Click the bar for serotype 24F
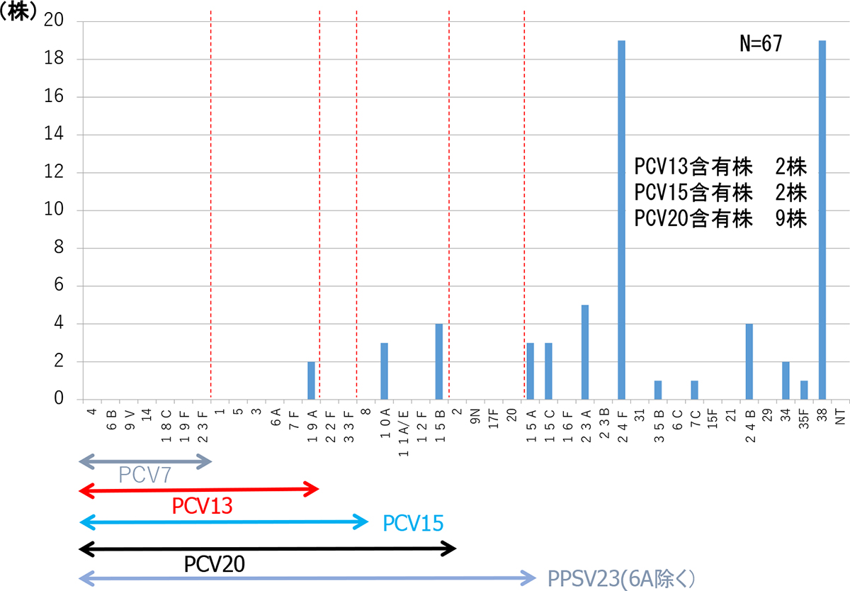[x=621, y=220]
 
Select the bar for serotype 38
[x=822, y=220]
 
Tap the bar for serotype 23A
[x=585, y=352]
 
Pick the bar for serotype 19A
[x=311, y=381]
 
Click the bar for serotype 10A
[x=384, y=371]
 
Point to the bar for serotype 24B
[x=749, y=361]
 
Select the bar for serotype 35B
[x=658, y=390]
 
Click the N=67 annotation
[x=760, y=44]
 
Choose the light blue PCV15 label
[x=413, y=524]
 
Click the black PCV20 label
[x=215, y=564]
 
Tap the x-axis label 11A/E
[x=403, y=423]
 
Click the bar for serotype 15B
[x=439, y=361]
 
